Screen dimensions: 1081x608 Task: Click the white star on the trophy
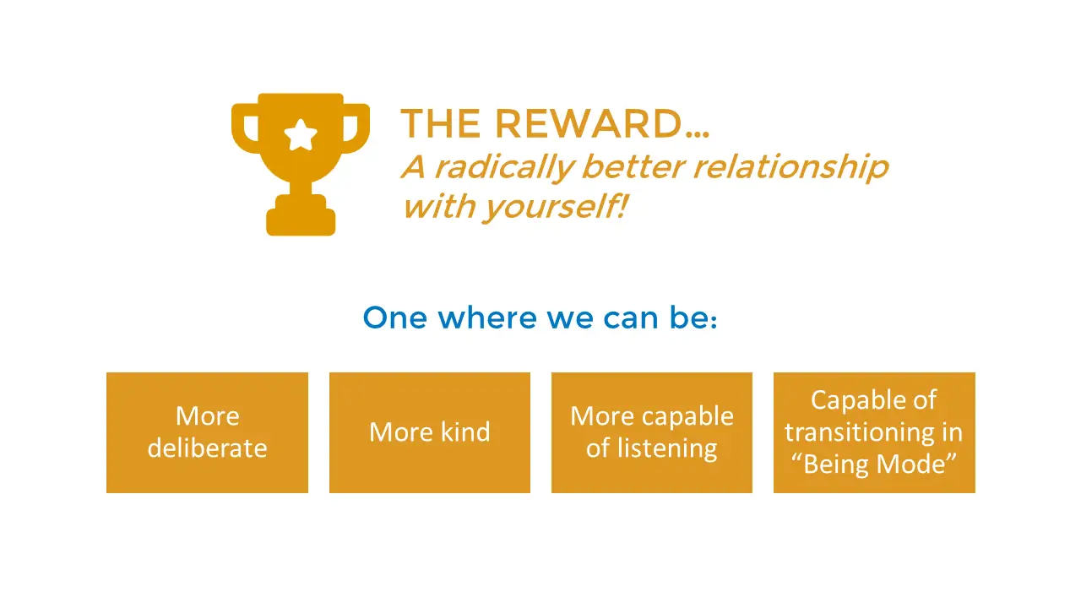[301, 134]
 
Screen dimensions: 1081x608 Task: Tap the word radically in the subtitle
[505, 167]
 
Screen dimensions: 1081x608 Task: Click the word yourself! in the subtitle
[556, 207]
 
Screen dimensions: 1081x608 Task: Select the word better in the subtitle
[633, 167]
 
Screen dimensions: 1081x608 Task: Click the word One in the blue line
[395, 318]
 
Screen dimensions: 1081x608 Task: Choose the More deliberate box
[208, 432]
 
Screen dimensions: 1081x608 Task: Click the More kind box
[430, 432]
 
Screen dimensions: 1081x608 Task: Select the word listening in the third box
[667, 448]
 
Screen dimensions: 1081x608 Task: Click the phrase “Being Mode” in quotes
[874, 464]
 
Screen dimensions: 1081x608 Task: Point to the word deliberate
[208, 448]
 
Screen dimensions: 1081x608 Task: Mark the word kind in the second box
[465, 432]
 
